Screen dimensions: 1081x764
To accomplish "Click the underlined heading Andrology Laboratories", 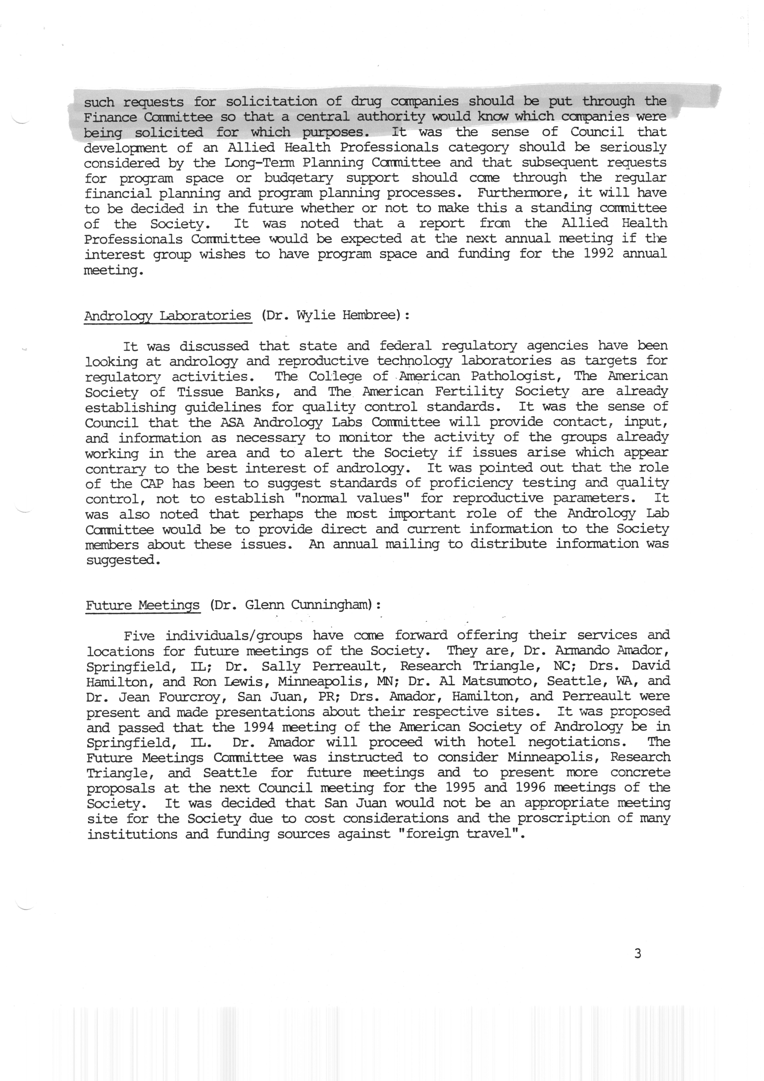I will point(168,315).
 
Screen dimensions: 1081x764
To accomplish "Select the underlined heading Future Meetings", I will point(143,605).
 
